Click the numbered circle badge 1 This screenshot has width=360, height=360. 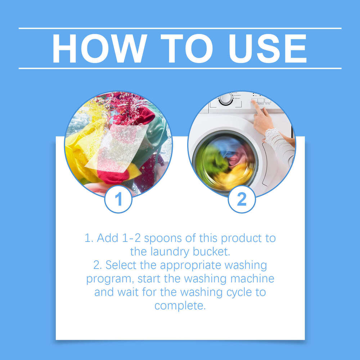118,199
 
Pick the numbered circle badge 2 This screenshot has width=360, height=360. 242,199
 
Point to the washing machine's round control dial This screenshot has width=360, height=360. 226,98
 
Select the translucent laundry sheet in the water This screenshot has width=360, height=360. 117,148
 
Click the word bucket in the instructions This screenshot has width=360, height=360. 212,252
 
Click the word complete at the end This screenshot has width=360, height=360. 180,306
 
